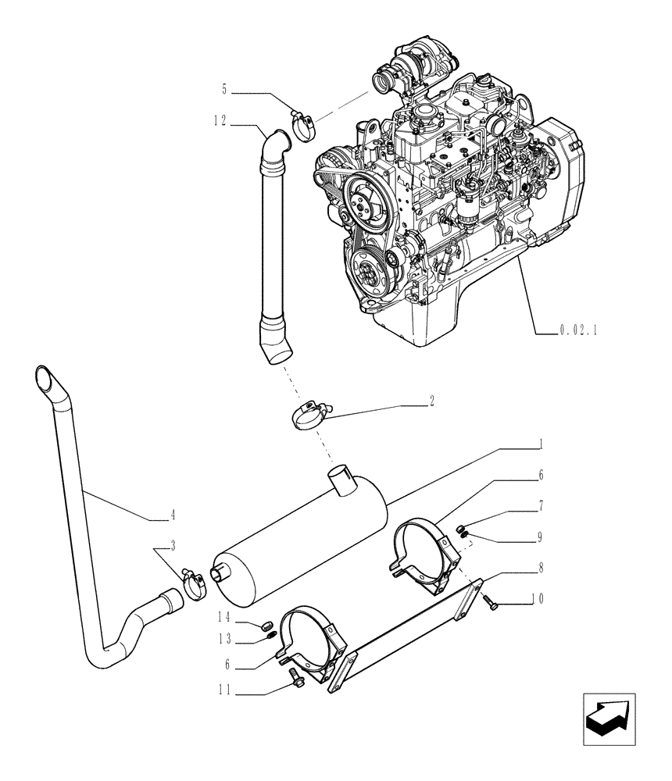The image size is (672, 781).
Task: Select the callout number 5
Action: [224, 90]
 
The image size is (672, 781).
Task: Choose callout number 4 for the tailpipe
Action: [172, 515]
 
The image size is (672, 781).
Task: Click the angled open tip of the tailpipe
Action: [45, 380]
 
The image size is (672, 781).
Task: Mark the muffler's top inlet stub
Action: [341, 477]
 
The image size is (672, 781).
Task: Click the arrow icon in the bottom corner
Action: [608, 719]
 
